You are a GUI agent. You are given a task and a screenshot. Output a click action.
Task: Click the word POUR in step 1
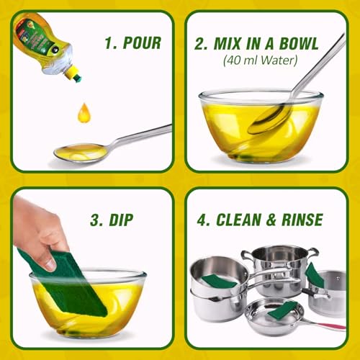click(142, 43)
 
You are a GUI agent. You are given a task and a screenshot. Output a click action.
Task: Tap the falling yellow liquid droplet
click(84, 113)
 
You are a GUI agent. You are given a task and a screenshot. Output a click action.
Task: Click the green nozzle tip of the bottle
click(78, 78)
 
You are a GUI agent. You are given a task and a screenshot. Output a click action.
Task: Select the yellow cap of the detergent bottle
click(71, 71)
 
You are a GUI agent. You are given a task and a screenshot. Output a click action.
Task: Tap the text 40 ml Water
click(260, 60)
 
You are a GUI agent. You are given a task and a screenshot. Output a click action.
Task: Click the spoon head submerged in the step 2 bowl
click(270, 119)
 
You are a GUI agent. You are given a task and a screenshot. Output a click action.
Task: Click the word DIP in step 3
click(121, 220)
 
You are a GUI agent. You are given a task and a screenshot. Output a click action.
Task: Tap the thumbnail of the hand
click(50, 264)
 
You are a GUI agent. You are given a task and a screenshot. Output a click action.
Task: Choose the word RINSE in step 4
click(302, 220)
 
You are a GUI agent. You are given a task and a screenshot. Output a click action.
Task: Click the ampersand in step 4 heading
click(271, 220)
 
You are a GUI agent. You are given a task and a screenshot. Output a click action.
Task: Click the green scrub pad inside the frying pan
click(282, 309)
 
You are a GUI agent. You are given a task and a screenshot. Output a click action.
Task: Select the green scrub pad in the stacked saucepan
click(219, 282)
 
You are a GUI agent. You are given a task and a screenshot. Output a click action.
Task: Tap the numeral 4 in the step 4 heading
click(202, 220)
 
